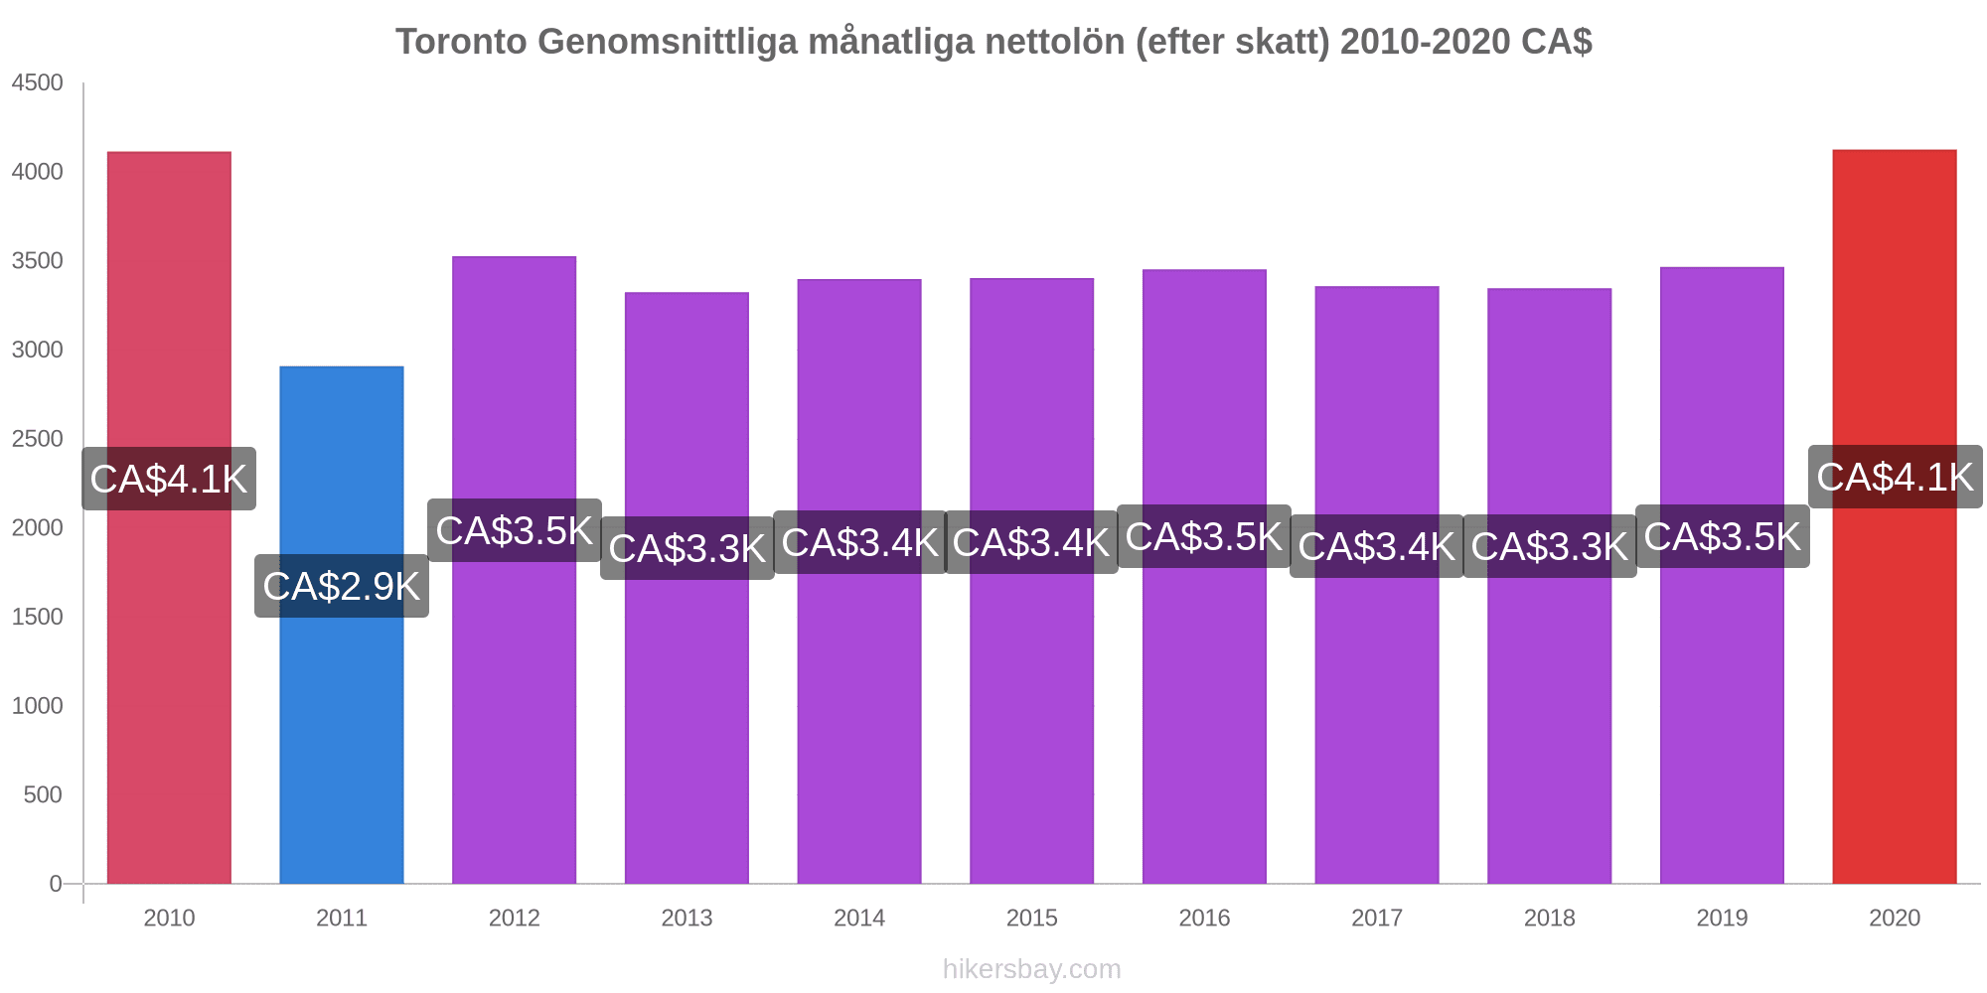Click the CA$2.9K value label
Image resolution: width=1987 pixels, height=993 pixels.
pyautogui.click(x=342, y=586)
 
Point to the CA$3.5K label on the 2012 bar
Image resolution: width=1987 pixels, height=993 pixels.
pyautogui.click(x=515, y=530)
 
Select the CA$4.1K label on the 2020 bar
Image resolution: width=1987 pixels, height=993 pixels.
pyautogui.click(x=1895, y=477)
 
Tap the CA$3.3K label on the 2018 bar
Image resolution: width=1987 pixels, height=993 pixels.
pyautogui.click(x=1550, y=546)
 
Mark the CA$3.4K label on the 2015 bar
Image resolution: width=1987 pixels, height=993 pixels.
pyautogui.click(x=1031, y=542)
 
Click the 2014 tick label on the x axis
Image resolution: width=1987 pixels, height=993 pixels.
pyautogui.click(x=859, y=918)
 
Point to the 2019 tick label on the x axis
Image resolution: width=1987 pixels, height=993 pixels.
pyautogui.click(x=1722, y=918)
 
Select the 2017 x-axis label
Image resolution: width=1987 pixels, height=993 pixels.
pyautogui.click(x=1377, y=918)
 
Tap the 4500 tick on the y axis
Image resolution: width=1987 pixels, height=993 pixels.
pyautogui.click(x=37, y=83)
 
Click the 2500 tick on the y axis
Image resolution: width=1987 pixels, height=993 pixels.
pyautogui.click(x=37, y=439)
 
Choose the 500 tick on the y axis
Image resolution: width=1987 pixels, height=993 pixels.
pyautogui.click(x=43, y=794)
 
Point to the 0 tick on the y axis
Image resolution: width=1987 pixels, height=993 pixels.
pyautogui.click(x=56, y=884)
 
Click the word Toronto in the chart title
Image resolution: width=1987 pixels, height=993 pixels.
pyautogui.click(x=462, y=42)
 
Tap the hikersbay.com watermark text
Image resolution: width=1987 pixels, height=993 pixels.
pyautogui.click(x=1031, y=968)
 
